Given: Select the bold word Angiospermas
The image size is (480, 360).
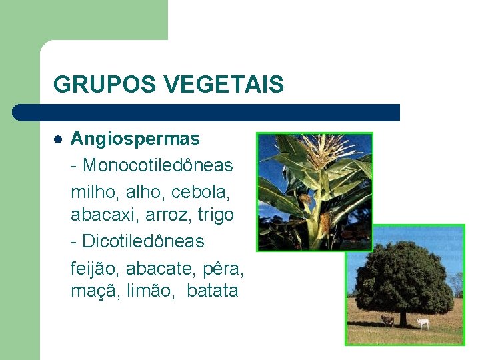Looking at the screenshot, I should pos(135,139).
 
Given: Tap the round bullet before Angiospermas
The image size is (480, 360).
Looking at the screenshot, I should pos(58,139).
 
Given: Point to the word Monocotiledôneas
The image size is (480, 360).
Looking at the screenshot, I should pos(158,164).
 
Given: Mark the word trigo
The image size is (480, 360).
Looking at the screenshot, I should pos(215,215).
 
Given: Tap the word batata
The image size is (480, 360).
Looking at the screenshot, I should pos(212,291).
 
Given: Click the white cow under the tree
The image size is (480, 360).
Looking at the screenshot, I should pos(423,323).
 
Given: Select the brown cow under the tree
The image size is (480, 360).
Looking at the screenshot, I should pos(387,321).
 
